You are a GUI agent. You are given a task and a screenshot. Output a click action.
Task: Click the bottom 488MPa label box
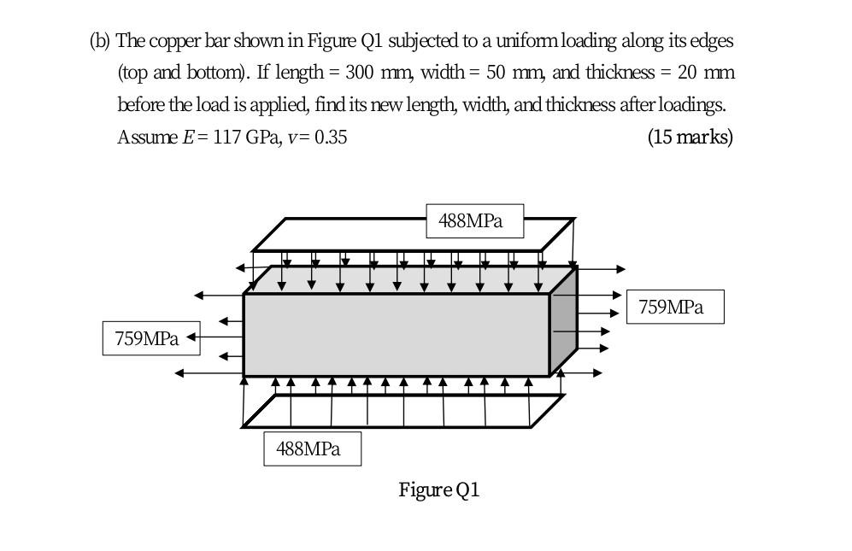click(x=312, y=448)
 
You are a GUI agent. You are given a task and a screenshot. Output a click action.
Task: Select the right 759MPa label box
click(x=675, y=308)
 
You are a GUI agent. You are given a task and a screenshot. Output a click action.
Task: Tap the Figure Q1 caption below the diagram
click(x=439, y=489)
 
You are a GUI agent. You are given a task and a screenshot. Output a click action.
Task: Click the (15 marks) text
click(x=690, y=137)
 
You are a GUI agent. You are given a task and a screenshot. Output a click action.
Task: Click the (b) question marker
click(x=100, y=40)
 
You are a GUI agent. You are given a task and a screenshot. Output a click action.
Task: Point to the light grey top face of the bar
click(x=410, y=280)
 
